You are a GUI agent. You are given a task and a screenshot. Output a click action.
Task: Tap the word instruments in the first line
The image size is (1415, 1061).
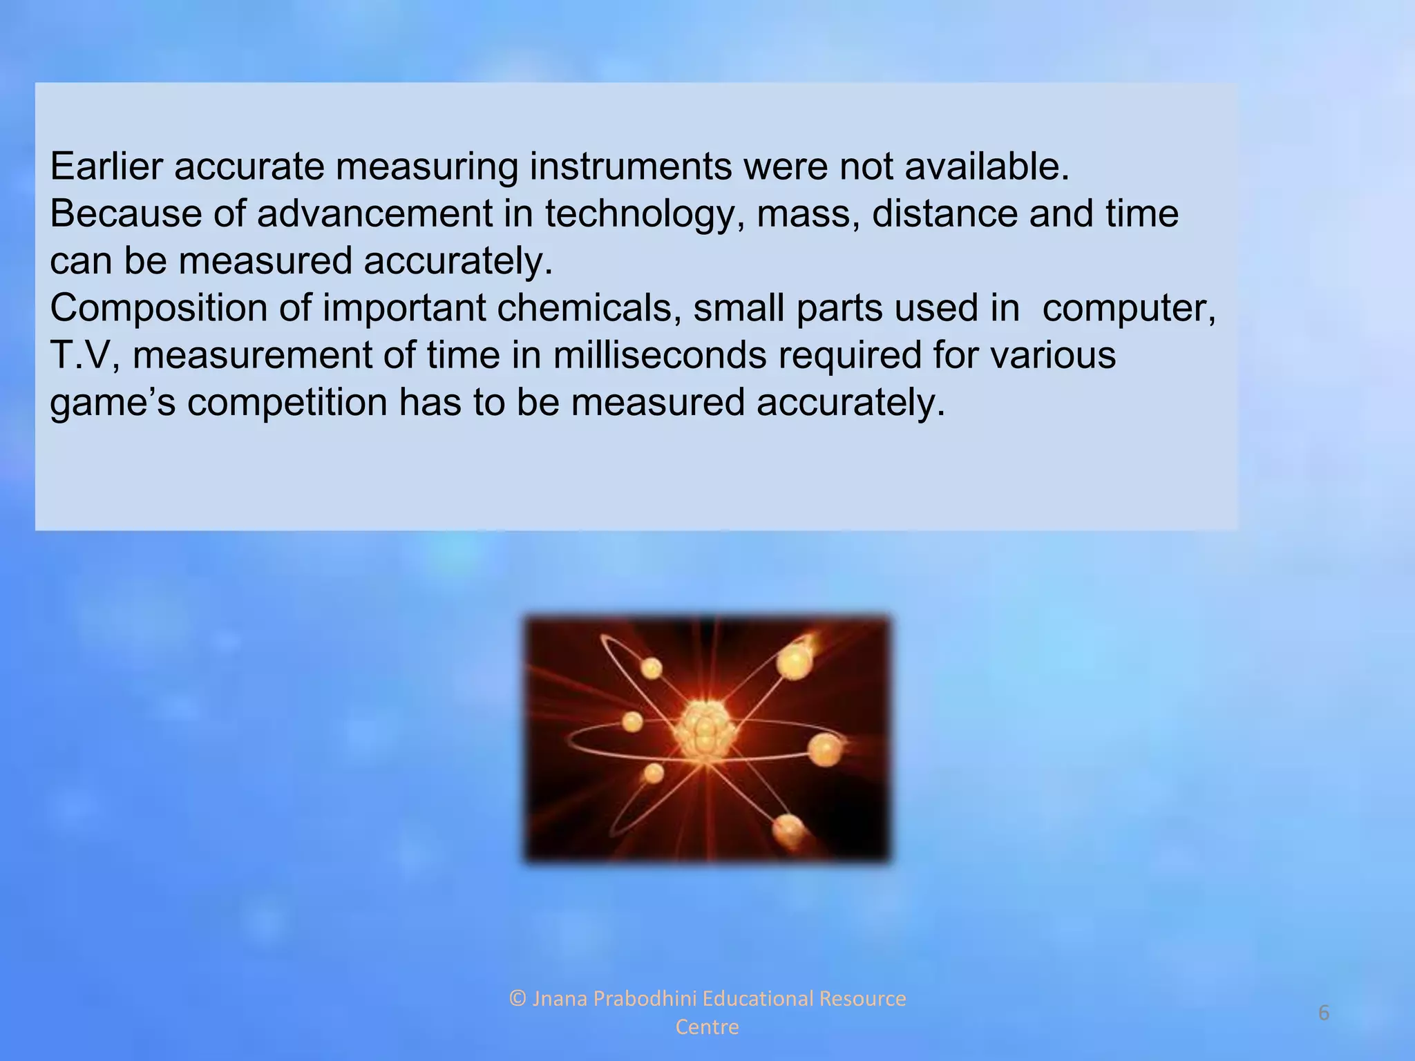(x=630, y=166)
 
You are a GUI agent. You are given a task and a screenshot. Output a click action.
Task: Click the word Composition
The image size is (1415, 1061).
(x=158, y=308)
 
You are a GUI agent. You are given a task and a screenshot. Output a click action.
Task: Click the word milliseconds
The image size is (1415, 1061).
(x=659, y=355)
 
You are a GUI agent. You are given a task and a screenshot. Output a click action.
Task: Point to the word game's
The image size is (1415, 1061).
(x=113, y=403)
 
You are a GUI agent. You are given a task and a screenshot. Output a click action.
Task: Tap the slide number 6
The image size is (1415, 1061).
(x=1324, y=1013)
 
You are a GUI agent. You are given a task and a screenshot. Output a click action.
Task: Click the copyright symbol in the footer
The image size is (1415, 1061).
(x=517, y=999)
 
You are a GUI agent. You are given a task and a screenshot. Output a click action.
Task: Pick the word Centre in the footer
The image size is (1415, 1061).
(x=707, y=1027)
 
